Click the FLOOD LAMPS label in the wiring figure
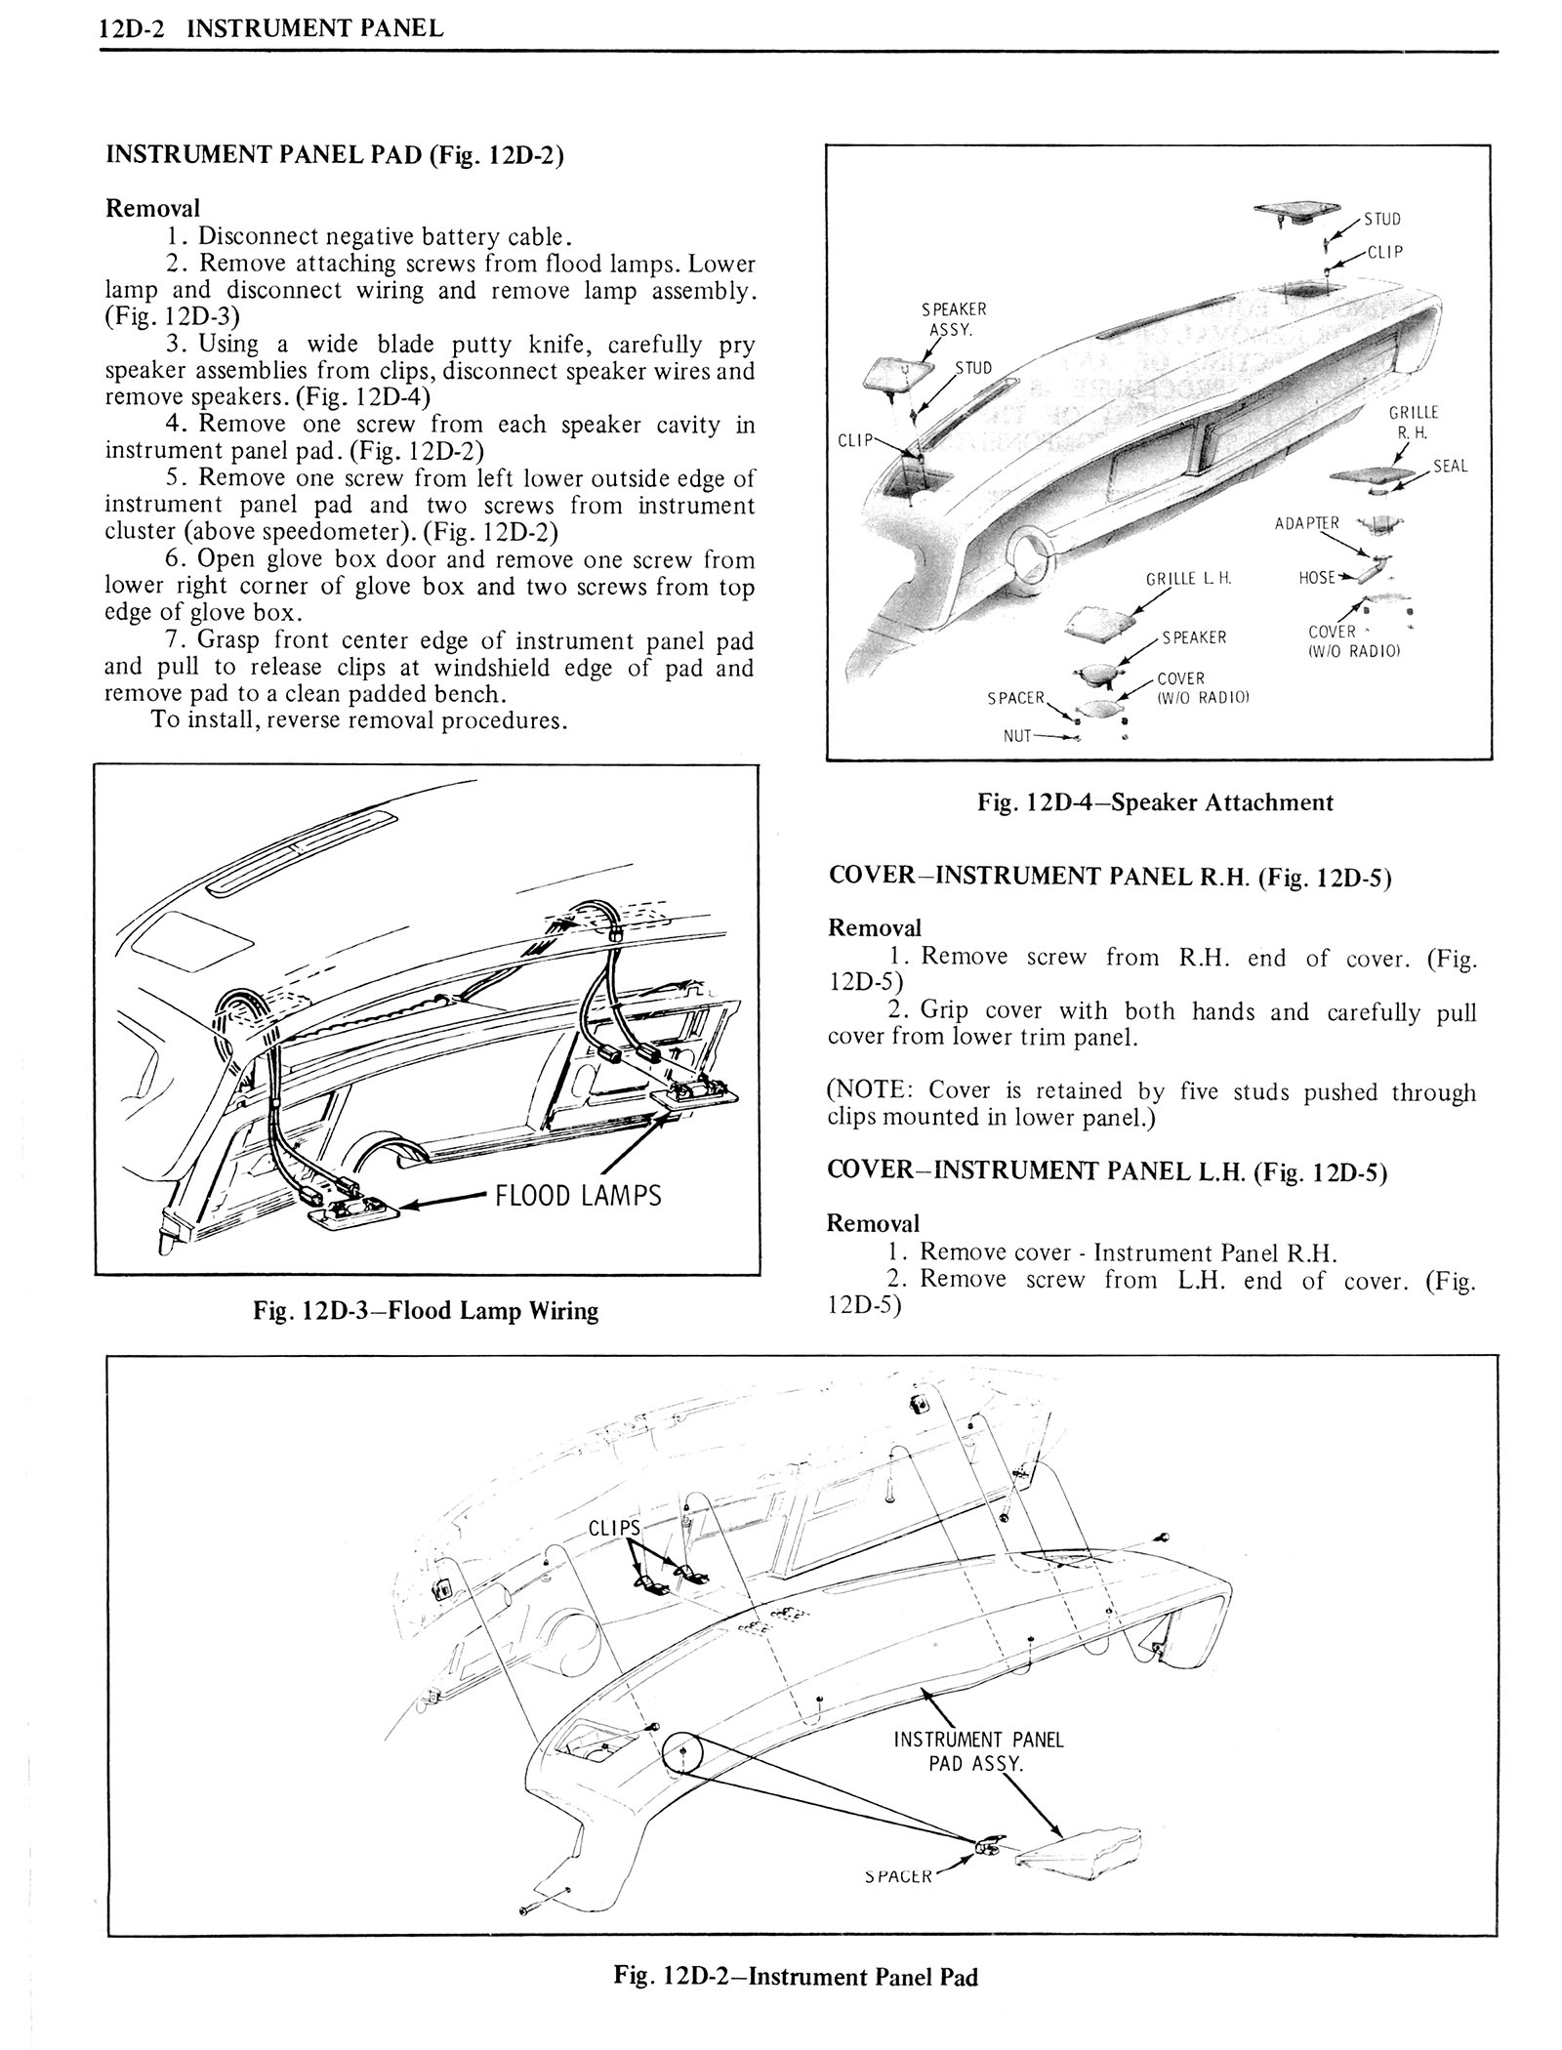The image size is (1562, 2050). coord(578,1195)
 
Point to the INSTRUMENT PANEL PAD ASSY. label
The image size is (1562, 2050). coord(977,1751)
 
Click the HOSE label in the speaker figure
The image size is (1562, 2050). coord(1317,577)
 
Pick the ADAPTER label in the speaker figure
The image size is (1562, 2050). coord(1307,523)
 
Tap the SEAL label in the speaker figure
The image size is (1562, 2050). coord(1450,466)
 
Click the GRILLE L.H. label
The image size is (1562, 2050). coord(1188,578)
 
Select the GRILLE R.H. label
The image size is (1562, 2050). coord(1415,422)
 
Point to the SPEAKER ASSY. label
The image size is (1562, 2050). coord(954,319)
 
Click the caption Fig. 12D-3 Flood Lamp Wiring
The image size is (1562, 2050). coord(426,1310)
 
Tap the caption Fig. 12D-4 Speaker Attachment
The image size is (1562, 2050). coord(1155,802)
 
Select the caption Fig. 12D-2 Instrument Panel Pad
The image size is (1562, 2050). coord(795,1977)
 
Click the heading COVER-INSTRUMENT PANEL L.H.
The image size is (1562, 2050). coord(1106,1171)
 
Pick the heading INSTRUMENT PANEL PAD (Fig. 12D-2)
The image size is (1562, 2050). coord(334,155)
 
